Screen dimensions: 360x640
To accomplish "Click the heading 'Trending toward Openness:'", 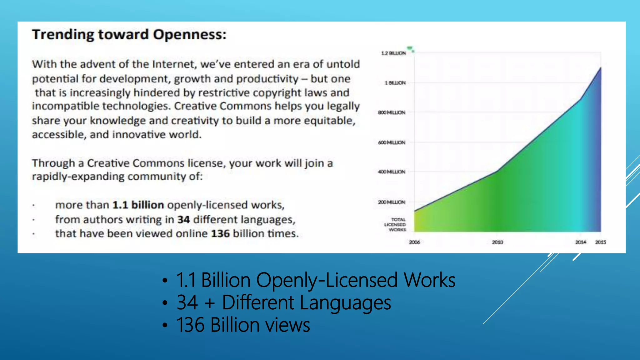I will coord(129,34).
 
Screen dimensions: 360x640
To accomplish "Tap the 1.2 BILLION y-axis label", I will coord(393,53).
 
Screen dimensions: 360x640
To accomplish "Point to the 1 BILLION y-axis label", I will coord(395,83).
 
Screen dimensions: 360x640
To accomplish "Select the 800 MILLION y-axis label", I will coord(392,112).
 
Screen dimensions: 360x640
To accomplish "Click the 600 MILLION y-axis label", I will coord(392,142).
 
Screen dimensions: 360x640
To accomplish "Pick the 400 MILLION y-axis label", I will coord(392,172).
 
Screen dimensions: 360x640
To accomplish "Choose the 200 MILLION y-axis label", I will coord(392,202).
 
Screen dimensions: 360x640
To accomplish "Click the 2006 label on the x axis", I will coord(414,242).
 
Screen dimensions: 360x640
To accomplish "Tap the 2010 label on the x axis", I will coord(497,242).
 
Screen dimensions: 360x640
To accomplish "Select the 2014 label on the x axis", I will coord(581,242).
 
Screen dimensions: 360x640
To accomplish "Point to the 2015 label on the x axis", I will coord(600,242).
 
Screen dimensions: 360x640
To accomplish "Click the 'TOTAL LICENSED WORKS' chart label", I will coord(396,225).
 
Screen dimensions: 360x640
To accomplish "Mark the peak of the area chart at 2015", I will coord(600,68).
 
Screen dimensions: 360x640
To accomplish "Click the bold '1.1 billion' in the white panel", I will coord(138,205).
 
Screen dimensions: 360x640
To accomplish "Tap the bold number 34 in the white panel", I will coord(183,220).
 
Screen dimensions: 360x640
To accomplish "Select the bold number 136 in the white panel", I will coord(220,234).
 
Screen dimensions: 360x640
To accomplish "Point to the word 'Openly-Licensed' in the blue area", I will coord(327,280).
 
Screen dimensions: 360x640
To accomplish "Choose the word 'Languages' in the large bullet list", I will coord(345,302).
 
